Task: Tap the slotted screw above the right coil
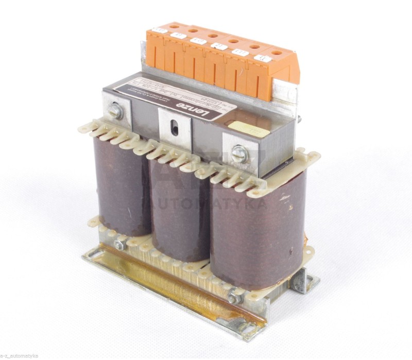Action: pyautogui.click(x=240, y=153)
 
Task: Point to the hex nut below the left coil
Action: pyautogui.click(x=119, y=245)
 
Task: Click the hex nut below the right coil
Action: pyautogui.click(x=235, y=298)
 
